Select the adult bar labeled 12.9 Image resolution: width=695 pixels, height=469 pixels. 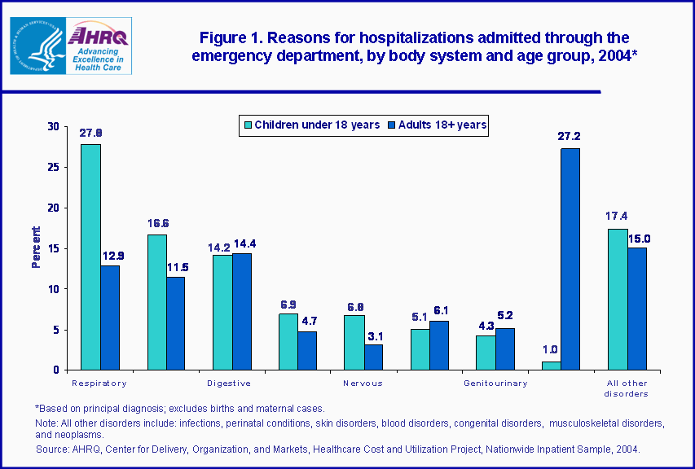coord(111,318)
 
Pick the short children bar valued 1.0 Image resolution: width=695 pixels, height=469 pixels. coord(552,366)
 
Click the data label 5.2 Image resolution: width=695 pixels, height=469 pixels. coord(506,315)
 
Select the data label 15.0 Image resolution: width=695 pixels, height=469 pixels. coord(639,239)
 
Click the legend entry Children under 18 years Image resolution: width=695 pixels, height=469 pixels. coord(311,125)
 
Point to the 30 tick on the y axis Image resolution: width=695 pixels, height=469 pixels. coord(54,126)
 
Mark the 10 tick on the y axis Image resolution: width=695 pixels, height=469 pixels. coord(54,289)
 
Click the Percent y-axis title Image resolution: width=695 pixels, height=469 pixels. coord(36,248)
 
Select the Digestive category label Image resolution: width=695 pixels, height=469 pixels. coord(228,383)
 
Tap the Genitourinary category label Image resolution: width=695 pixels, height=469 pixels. coord(495,383)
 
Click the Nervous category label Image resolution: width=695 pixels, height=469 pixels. coord(362,383)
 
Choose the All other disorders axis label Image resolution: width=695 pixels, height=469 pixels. coord(627,388)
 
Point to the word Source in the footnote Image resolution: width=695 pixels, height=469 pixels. coord(51,449)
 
